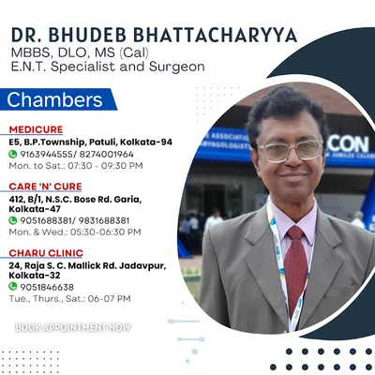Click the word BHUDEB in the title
point(87,35)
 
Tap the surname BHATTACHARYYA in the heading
point(216,35)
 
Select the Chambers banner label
point(54,99)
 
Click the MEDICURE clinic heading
point(36,129)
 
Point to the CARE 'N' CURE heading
point(45,187)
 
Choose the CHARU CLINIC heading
point(46,253)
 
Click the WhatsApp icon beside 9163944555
point(12,154)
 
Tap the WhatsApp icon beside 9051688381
point(12,220)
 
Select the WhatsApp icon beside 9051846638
point(12,287)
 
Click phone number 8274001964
point(106,155)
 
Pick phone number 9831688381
point(104,221)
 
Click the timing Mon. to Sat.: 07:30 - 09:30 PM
point(76,166)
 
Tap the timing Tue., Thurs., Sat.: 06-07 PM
point(69,299)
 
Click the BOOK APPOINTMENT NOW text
point(73,327)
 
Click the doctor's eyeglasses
point(290,151)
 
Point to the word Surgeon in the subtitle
point(177,67)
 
